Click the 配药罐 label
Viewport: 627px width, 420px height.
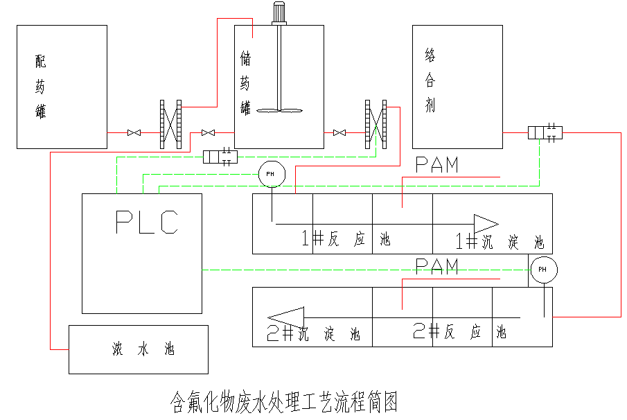(41, 87)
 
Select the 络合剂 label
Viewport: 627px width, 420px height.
(430, 80)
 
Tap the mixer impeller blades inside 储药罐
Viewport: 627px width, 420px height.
(279, 110)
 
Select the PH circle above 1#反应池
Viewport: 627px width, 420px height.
(270, 173)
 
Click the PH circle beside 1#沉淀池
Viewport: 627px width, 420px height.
(542, 269)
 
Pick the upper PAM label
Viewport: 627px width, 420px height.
(437, 165)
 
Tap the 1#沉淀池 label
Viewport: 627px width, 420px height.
(500, 242)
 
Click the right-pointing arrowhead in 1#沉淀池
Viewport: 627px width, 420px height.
(486, 222)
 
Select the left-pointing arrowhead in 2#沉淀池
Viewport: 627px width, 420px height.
(286, 317)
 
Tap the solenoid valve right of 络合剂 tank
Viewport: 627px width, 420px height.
(544, 132)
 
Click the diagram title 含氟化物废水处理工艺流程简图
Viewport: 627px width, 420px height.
(284, 401)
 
